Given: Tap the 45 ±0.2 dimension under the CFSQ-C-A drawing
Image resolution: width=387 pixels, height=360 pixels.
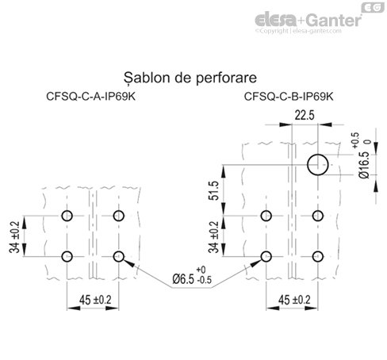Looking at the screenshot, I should tap(93, 300).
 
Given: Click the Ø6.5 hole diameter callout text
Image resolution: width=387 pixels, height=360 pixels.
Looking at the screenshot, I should tap(191, 278).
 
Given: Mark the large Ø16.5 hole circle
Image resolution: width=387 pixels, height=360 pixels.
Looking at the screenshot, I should tap(319, 164).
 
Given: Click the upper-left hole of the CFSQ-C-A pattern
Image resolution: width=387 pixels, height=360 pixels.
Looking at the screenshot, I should tap(67, 216).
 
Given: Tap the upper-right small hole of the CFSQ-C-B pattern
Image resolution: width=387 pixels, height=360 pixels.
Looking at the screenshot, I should tap(319, 216).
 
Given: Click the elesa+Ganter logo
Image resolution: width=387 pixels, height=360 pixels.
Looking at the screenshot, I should tap(305, 17).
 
